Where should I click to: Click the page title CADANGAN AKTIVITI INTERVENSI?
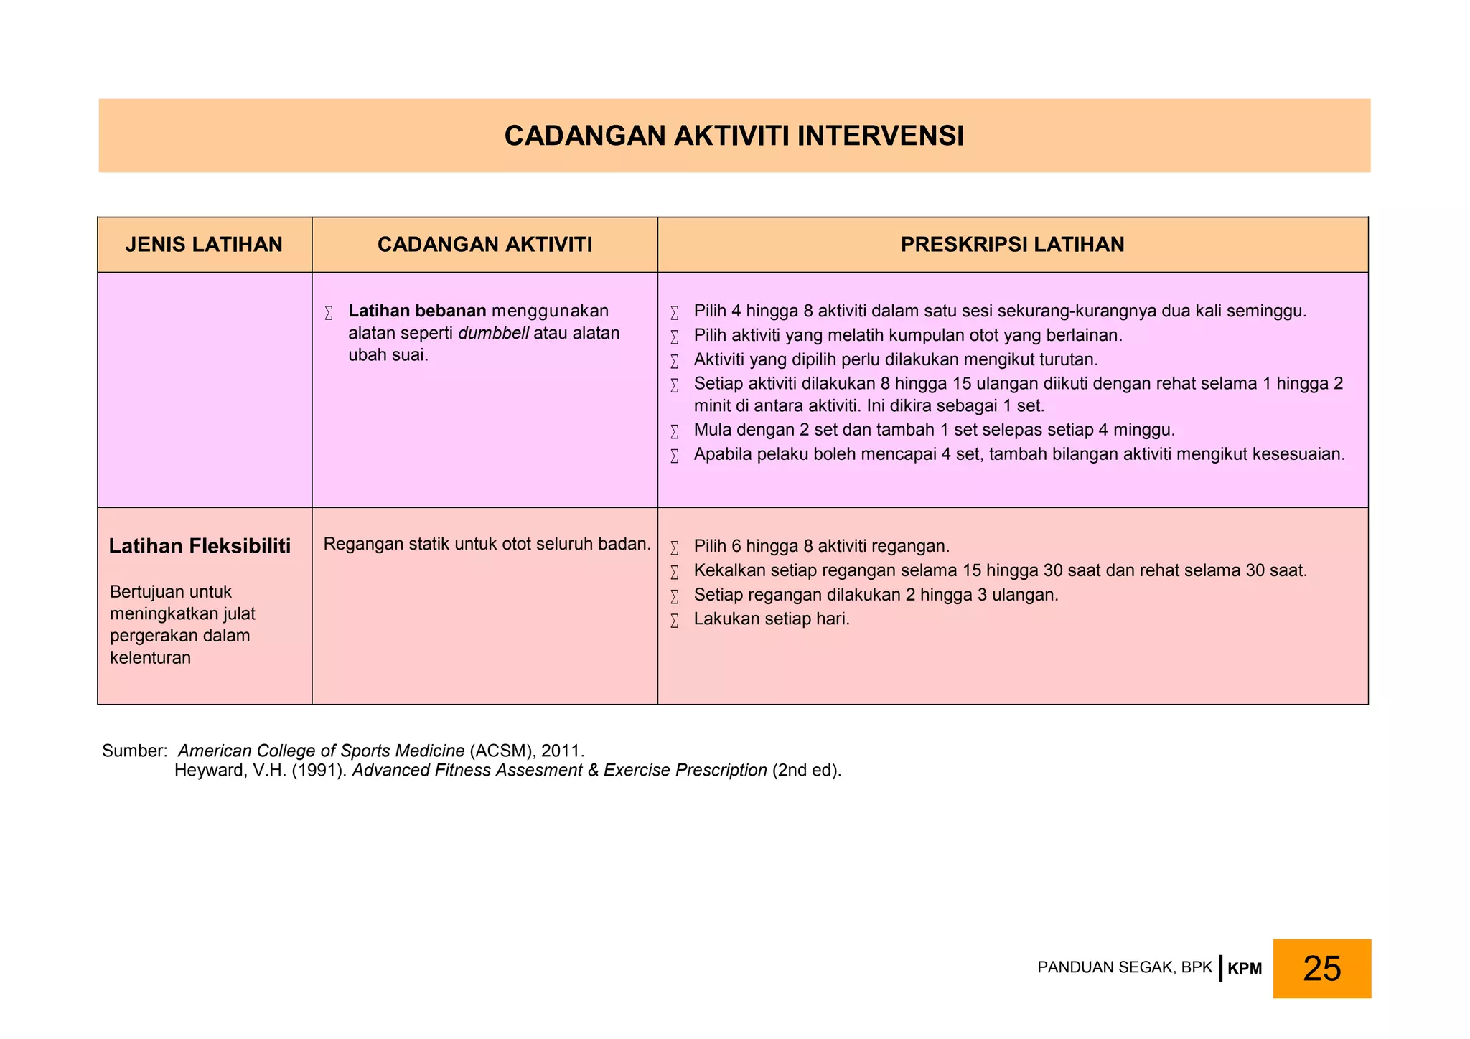[734, 136]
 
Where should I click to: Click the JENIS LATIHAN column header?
[204, 245]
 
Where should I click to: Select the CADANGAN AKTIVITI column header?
[484, 245]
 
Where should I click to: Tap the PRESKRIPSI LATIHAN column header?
[1012, 245]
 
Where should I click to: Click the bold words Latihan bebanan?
[417, 311]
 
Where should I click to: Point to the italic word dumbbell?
[493, 333]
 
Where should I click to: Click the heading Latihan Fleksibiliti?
[200, 546]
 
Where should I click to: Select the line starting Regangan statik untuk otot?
[487, 544]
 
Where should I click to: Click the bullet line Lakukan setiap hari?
[771, 619]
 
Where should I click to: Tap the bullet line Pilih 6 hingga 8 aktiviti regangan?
[821, 546]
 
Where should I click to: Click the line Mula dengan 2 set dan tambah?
[933, 430]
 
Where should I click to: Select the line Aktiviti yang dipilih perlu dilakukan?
[895, 359]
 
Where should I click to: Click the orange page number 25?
[1321, 968]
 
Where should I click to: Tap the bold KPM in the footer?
[1245, 969]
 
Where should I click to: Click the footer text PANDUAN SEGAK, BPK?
[1124, 967]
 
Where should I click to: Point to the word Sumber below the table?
[134, 751]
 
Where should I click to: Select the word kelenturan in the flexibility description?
[150, 657]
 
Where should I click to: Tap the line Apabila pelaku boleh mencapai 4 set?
[1019, 454]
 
